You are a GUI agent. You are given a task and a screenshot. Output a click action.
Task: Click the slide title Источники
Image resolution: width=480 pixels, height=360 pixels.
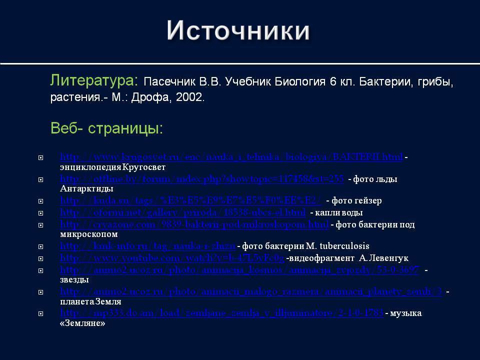(238, 31)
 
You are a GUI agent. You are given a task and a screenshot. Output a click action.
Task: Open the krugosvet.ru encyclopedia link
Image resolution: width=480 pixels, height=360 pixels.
(231, 157)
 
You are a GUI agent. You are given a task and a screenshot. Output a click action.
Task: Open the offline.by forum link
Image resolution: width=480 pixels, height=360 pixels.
(202, 179)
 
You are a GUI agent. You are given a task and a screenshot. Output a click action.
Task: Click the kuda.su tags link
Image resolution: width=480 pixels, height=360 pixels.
(191, 200)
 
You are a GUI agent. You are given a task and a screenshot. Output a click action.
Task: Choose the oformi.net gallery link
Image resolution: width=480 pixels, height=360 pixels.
(183, 213)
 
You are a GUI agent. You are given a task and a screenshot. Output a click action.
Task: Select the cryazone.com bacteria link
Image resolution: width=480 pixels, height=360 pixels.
(194, 224)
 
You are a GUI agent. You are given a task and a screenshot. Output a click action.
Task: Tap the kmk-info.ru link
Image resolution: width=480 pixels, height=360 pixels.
(147, 246)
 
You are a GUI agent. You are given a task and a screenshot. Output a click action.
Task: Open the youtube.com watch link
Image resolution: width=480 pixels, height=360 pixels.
(172, 258)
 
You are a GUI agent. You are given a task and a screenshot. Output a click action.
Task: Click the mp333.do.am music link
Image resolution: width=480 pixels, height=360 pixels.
(221, 313)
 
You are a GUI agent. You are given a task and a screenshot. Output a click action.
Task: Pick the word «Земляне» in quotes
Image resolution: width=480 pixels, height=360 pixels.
(82, 323)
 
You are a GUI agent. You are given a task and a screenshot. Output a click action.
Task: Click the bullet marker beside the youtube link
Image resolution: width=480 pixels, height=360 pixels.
(40, 259)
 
